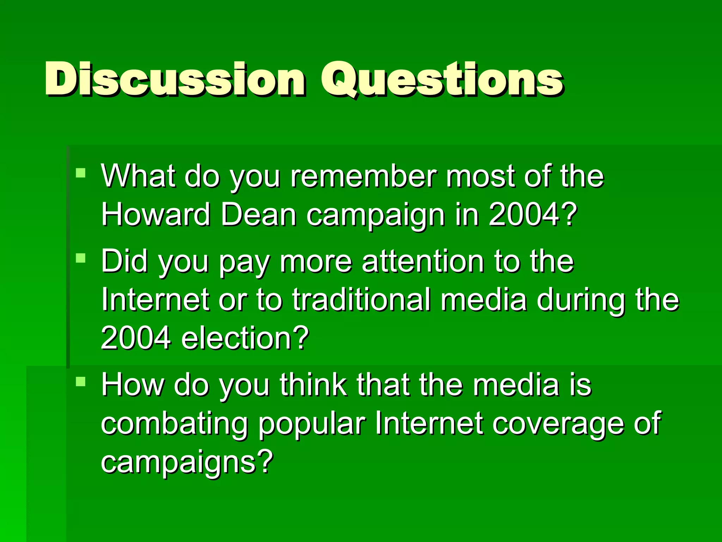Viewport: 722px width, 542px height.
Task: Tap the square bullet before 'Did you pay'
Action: coord(81,258)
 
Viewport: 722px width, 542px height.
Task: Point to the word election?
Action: coord(245,338)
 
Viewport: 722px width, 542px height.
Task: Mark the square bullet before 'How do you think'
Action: coord(81,381)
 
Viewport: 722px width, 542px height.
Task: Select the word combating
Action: coord(175,423)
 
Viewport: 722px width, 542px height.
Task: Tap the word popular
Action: coord(312,424)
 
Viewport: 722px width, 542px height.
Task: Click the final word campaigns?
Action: coord(187,462)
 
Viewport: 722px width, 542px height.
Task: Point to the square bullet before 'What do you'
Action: coord(81,173)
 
